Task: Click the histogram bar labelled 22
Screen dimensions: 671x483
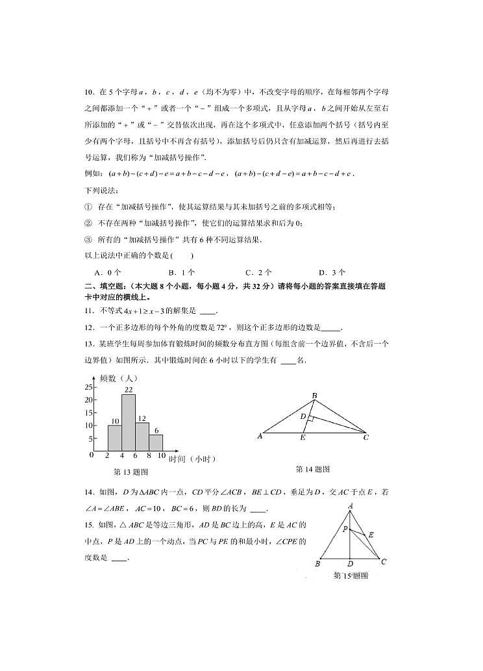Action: point(129,423)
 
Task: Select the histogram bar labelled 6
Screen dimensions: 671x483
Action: point(156,442)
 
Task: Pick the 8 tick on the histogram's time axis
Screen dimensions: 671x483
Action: point(149,457)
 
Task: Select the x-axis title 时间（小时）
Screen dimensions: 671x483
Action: point(192,459)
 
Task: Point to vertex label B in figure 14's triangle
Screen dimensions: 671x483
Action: point(314,396)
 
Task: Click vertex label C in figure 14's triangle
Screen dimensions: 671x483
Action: point(366,437)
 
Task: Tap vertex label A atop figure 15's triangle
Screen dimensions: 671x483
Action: point(351,505)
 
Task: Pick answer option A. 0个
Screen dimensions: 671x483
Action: point(104,273)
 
